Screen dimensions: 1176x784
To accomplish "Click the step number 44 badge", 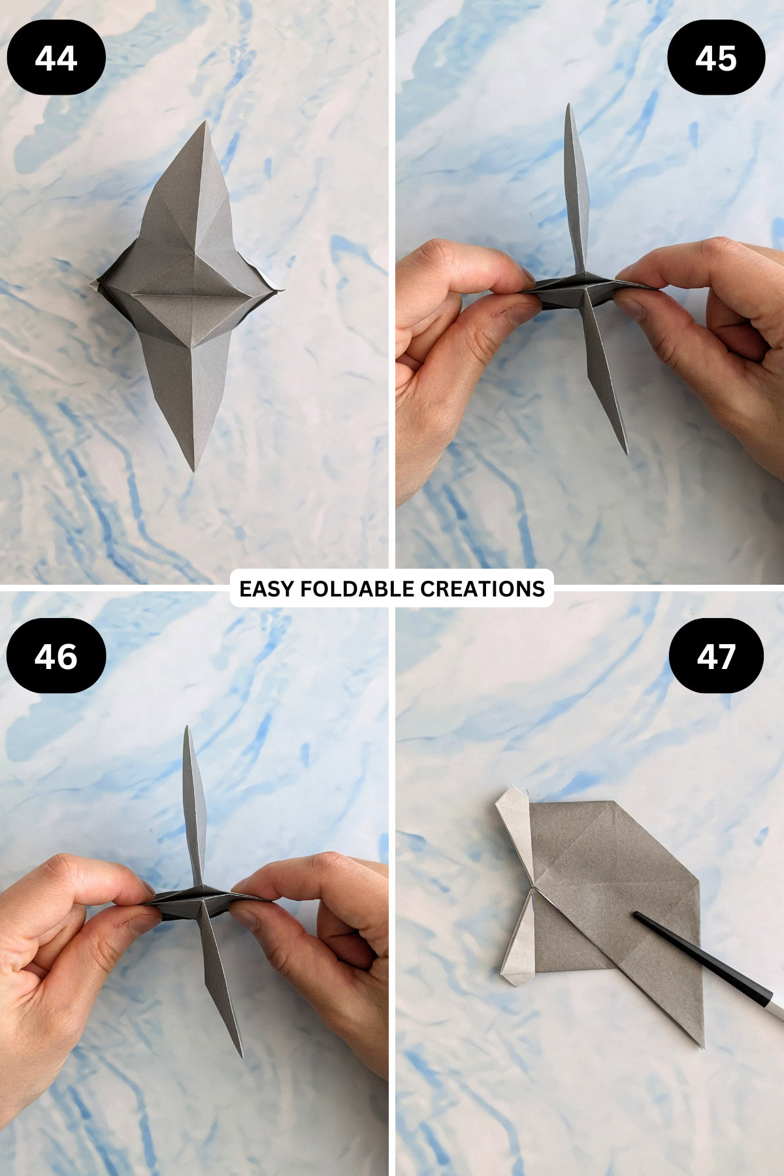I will click(x=56, y=58).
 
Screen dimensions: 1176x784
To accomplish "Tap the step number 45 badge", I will click(x=716, y=58).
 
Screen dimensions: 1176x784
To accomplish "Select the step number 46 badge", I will click(x=56, y=656).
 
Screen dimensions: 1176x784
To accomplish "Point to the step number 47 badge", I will click(x=716, y=656).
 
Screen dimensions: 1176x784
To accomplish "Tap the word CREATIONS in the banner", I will click(x=482, y=589).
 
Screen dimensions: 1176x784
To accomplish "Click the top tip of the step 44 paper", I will click(x=206, y=122).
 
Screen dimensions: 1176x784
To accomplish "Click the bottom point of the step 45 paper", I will click(x=626, y=453).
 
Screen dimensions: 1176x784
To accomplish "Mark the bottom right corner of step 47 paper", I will click(x=703, y=1047).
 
